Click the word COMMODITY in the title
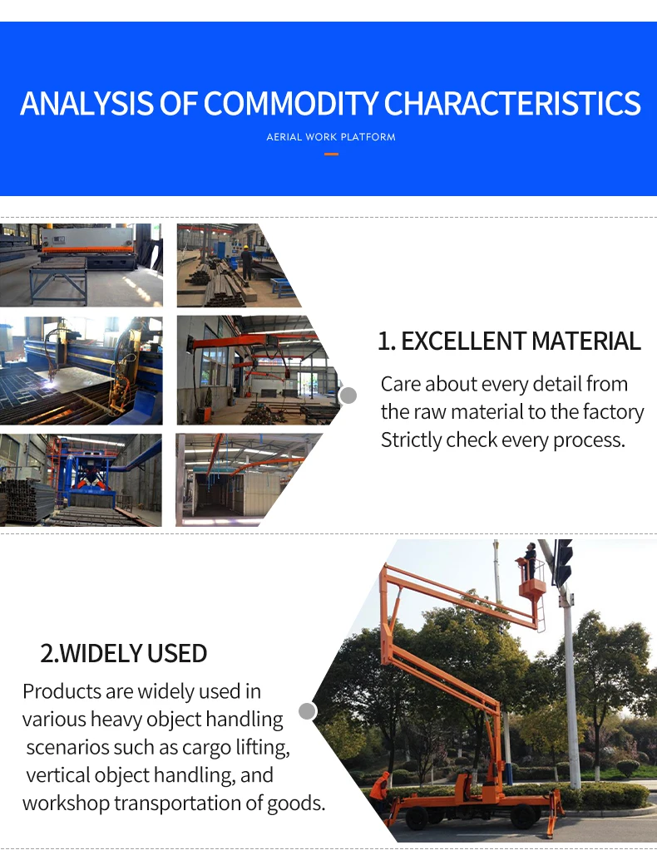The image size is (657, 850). click(x=291, y=104)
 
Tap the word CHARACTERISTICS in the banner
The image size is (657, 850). click(x=512, y=104)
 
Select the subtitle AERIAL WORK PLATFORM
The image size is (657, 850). click(x=331, y=137)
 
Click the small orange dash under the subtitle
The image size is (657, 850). click(x=331, y=154)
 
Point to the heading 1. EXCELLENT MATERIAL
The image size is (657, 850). click(x=509, y=341)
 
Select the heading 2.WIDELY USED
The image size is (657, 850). click(x=124, y=653)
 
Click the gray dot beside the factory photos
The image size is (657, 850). click(x=348, y=396)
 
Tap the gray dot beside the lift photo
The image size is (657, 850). click(x=308, y=711)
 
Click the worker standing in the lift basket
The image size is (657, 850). click(x=530, y=561)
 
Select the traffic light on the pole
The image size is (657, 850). click(x=563, y=562)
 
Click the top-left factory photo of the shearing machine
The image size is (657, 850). click(x=82, y=264)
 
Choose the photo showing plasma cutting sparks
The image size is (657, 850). click(x=82, y=371)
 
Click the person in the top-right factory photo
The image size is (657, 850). click(x=246, y=259)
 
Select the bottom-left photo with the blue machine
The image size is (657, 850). click(x=82, y=479)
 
